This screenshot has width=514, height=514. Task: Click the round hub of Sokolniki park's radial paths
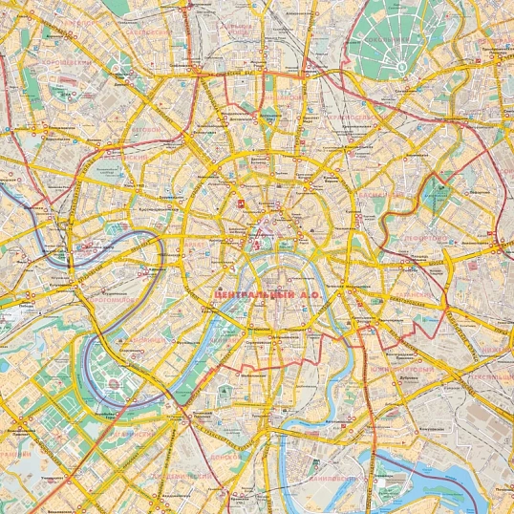pyautogui.click(x=402, y=66)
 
